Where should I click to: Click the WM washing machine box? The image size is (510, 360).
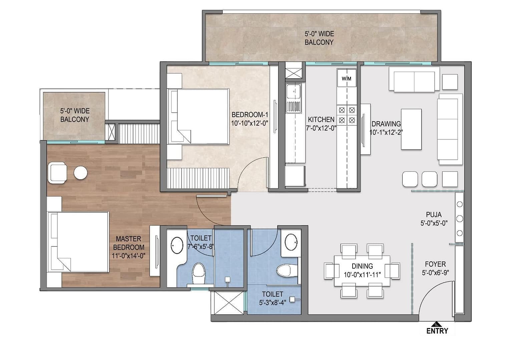(x=347, y=78)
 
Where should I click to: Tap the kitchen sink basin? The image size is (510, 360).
(x=294, y=91)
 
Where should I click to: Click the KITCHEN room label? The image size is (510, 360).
(x=321, y=119)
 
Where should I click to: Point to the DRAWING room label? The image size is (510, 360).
(x=386, y=124)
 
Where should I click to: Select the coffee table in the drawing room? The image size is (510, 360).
(x=411, y=129)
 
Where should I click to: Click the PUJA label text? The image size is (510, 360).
(x=434, y=215)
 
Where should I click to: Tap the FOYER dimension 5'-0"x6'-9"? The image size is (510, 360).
(x=435, y=273)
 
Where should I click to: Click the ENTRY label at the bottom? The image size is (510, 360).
(x=437, y=331)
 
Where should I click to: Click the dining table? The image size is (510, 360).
(x=362, y=271)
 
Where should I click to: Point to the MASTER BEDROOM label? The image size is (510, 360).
(x=129, y=243)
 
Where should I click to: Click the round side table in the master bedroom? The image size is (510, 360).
(x=81, y=173)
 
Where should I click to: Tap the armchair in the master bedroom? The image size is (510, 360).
(x=57, y=173)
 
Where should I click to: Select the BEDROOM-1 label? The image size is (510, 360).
(x=250, y=114)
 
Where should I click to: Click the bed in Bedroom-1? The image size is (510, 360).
(x=198, y=117)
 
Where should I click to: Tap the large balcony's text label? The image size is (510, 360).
(x=319, y=38)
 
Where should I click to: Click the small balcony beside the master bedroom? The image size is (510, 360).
(x=74, y=116)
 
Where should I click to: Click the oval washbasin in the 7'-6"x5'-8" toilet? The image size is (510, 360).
(x=177, y=245)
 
